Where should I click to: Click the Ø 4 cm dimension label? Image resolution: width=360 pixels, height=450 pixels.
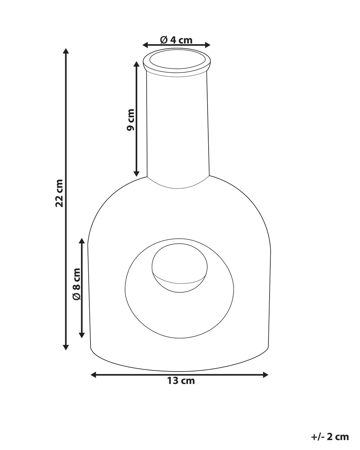click(176, 40)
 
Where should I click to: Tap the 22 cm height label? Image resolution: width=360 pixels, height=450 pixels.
click(59, 193)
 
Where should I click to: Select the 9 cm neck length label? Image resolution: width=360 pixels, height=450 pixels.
click(130, 120)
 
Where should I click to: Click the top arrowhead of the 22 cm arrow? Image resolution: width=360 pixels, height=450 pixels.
click(66, 51)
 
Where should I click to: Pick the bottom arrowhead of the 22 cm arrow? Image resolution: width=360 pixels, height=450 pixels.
click(66, 347)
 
